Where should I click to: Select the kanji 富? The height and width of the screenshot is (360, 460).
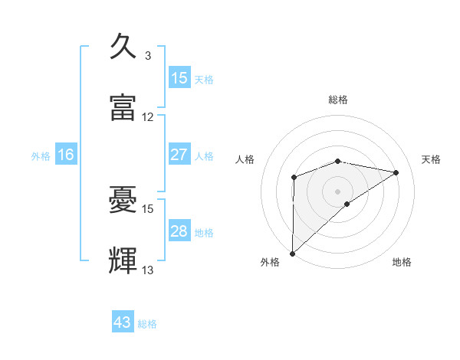coord(123,107)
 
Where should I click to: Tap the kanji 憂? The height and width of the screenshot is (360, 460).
coord(123,199)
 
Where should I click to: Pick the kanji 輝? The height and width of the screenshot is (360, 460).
coord(123,260)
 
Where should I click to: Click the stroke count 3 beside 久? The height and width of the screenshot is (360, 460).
coord(148,56)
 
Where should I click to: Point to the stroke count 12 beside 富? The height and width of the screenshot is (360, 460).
coord(148,117)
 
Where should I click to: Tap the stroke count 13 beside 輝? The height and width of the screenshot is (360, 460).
coord(148,270)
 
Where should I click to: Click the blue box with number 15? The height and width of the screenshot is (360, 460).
coord(179,78)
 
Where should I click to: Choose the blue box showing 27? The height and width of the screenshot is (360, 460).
coord(179,155)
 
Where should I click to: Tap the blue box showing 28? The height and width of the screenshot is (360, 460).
coord(179,231)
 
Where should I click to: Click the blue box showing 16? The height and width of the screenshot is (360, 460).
coord(66,155)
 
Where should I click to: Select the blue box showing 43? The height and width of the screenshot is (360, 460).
coord(123,322)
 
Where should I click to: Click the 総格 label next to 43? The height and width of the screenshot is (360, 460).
coord(147,324)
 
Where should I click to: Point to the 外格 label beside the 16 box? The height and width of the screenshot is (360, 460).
coord(41,156)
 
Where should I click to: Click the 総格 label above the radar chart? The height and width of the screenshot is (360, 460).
coord(338,100)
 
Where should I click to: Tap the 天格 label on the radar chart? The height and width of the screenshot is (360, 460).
coord(432,159)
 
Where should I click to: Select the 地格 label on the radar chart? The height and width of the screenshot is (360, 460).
coord(402,263)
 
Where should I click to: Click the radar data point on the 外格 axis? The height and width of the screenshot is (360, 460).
coord(292,253)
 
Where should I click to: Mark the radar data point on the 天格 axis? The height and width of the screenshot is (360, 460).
coord(396,172)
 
